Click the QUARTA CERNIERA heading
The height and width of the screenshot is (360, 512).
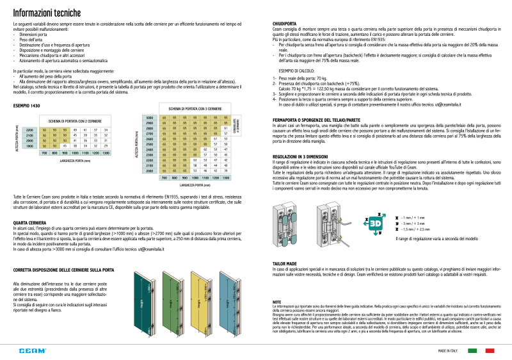click(29, 223)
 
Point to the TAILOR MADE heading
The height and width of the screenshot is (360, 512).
click(284, 264)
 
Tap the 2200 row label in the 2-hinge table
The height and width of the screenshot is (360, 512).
click(29, 130)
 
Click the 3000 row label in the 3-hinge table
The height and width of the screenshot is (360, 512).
click(149, 119)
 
